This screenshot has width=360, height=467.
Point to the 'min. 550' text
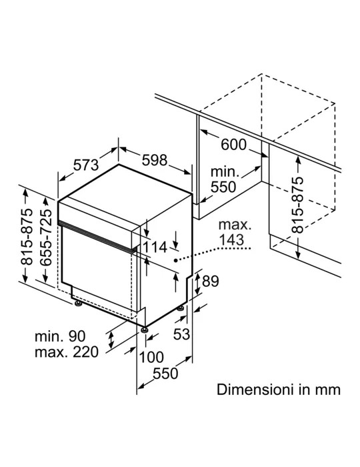223,179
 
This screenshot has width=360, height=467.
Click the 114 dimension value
156,248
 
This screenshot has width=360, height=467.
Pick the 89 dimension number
210,282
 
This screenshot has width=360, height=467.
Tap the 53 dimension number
181,333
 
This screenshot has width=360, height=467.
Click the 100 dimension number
153,358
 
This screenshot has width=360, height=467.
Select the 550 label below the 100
164,374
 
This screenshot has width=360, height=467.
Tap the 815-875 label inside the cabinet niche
298,205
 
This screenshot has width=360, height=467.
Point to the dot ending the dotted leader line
175,260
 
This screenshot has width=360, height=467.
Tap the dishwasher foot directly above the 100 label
143,329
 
